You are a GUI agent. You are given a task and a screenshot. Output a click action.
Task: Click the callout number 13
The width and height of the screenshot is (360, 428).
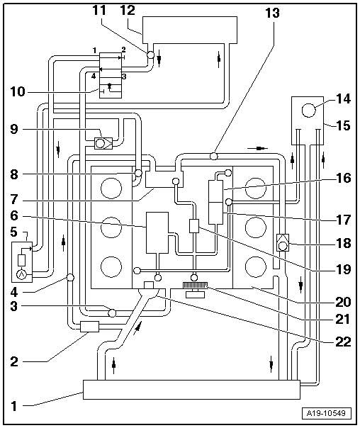(x=272, y=13)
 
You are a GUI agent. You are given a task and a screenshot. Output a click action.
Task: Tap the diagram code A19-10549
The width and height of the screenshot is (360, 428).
(x=326, y=413)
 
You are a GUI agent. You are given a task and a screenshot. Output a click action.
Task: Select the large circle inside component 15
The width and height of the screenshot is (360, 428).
(x=309, y=111)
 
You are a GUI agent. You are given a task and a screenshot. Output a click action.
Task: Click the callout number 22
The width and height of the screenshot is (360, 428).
(x=343, y=342)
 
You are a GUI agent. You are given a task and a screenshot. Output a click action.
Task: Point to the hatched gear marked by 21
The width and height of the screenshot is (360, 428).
(x=195, y=286)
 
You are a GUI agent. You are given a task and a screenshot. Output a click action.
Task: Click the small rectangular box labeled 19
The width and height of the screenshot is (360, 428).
(x=194, y=226)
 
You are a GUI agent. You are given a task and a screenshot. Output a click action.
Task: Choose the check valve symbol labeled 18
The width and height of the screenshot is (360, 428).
(x=283, y=242)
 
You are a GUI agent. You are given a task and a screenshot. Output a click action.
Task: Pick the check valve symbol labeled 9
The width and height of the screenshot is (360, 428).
(x=103, y=143)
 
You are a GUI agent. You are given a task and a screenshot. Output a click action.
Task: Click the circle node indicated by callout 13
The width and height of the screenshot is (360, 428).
(x=213, y=156)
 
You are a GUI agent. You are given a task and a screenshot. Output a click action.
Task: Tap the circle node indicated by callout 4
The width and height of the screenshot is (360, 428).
(x=70, y=278)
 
